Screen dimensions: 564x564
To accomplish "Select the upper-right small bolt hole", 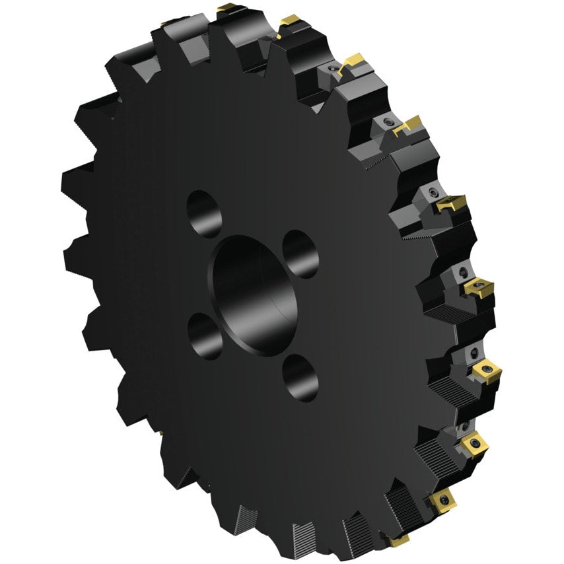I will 300,254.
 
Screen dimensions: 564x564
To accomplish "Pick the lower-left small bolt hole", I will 205,335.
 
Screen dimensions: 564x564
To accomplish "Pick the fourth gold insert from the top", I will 408,124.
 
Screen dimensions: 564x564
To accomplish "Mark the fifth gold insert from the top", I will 452,203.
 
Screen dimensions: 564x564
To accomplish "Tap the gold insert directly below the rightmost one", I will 474,445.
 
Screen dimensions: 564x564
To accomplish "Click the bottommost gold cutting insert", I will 398,541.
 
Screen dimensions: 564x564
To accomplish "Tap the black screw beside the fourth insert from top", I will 388,122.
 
